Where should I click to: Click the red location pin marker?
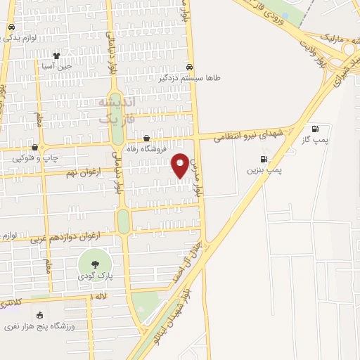click(181, 165)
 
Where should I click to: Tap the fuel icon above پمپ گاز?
click(314, 129)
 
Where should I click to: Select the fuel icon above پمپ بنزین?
click(264, 159)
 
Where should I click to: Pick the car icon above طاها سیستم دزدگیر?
click(189, 67)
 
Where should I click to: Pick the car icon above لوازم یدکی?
click(11, 27)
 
